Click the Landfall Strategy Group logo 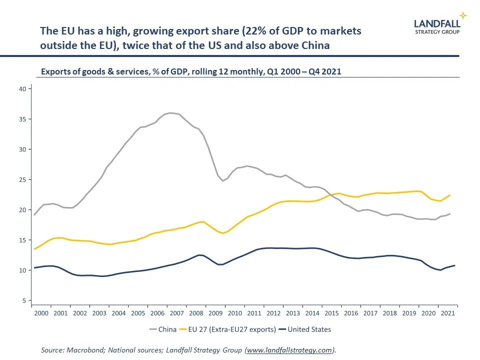[437, 25]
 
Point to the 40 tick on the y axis [22, 88]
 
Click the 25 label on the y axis [22, 179]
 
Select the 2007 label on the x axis [177, 313]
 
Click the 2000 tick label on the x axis [41, 313]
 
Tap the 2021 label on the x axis [447, 313]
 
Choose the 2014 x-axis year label [312, 313]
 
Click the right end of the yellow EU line [450, 195]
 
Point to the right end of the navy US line [454, 265]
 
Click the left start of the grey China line [34, 214]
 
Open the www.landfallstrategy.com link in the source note [289, 350]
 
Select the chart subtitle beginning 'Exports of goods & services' [190, 71]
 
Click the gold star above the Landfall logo [463, 15]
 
